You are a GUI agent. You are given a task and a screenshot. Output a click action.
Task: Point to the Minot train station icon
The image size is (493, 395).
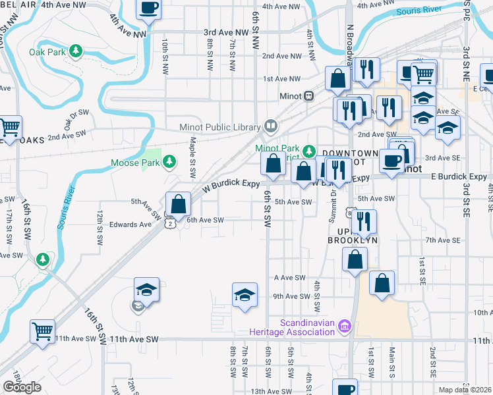tap(308, 95)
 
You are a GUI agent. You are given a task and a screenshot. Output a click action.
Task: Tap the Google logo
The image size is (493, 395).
tap(22, 387)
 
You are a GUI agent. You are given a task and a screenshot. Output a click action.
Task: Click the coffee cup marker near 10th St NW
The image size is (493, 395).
tap(148, 9)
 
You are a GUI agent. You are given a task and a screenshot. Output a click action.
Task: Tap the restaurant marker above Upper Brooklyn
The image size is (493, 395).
tap(363, 222)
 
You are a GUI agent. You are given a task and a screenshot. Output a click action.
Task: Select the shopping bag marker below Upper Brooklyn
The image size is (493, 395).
tap(355, 260)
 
